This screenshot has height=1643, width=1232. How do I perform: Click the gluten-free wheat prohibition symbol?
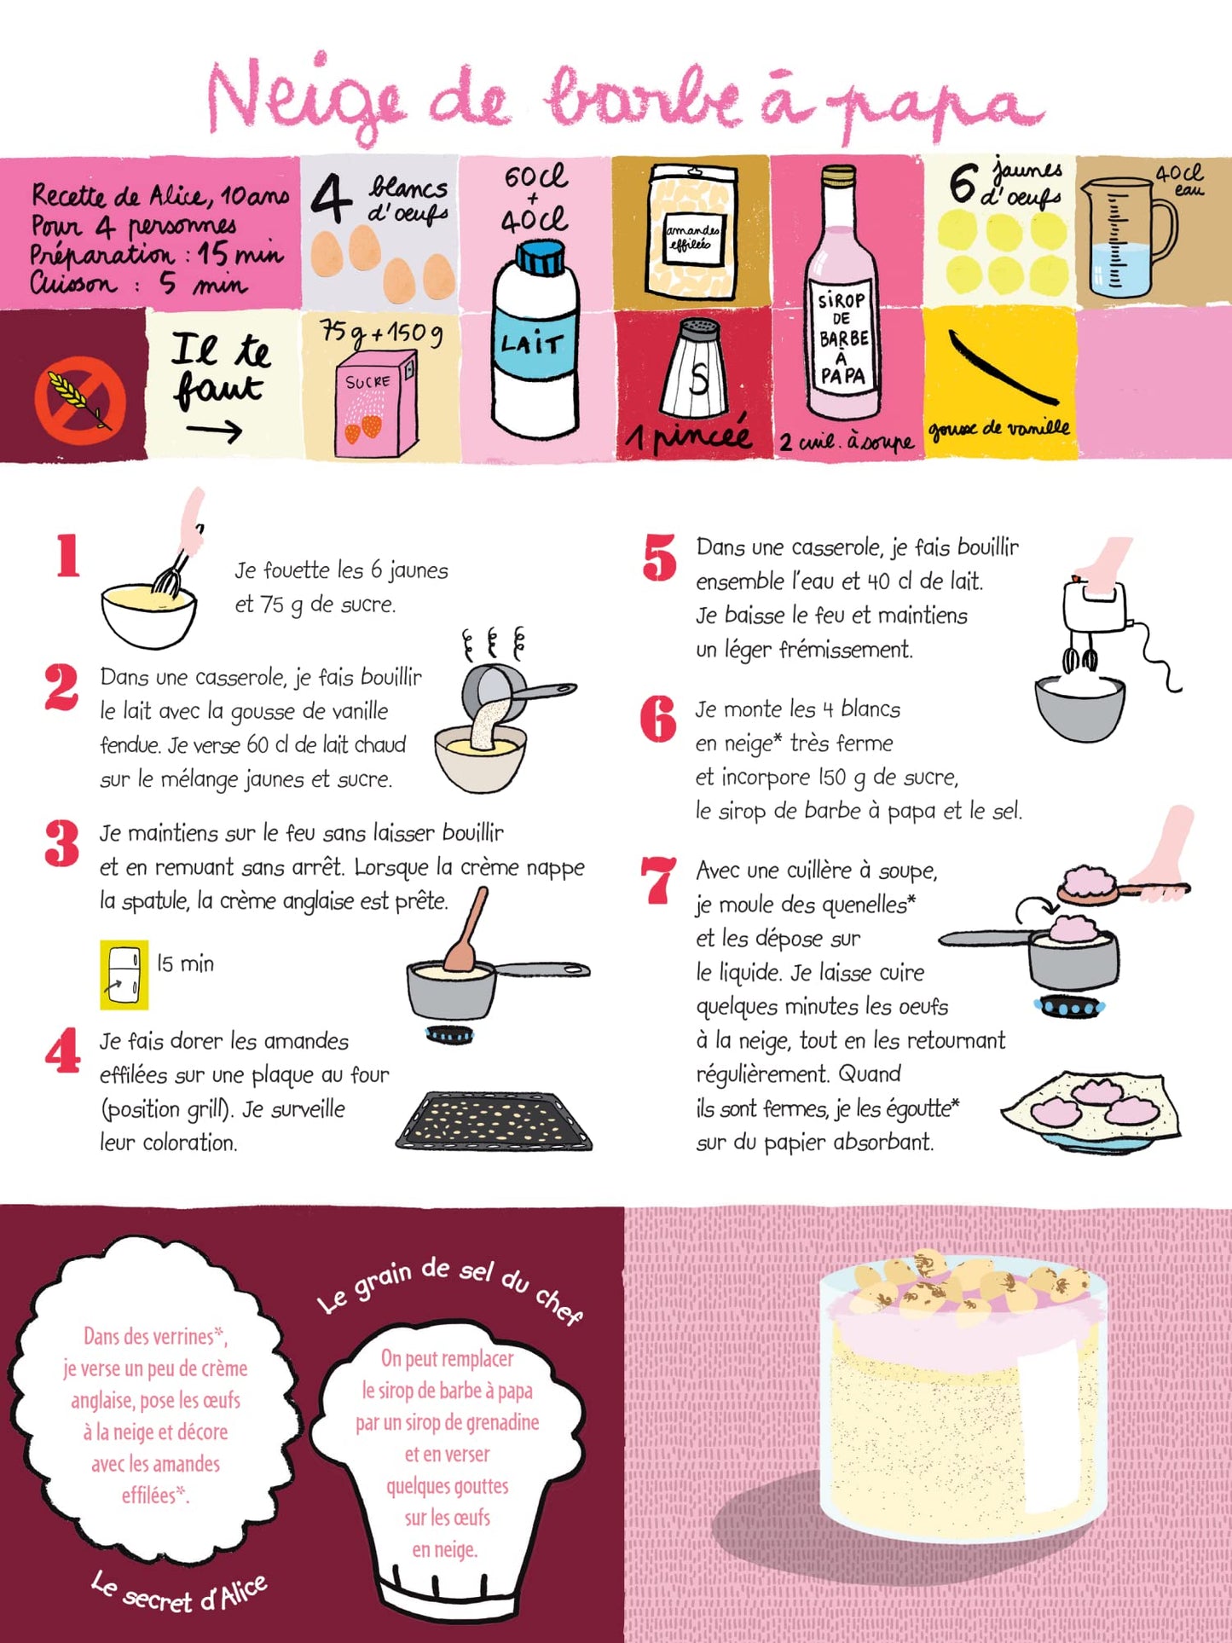80,400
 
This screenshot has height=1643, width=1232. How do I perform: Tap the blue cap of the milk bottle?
541,257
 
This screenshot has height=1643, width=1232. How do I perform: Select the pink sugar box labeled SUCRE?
377,406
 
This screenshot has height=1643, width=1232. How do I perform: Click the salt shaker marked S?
697,369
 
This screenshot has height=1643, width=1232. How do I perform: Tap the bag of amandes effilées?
691,232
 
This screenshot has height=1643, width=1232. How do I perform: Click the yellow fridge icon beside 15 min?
124,974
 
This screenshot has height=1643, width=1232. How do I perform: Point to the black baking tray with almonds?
495,1120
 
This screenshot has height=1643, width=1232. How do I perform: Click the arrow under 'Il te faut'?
214,432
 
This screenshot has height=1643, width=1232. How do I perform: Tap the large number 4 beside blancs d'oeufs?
331,199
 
